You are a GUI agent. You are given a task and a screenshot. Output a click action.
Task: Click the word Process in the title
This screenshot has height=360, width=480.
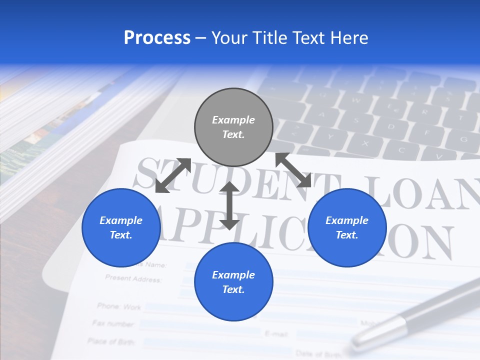[x=157, y=38]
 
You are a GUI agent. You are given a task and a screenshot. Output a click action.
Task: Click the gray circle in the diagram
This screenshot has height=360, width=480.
[x=233, y=127]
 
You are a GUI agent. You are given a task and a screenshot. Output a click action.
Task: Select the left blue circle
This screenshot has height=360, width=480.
[x=121, y=227]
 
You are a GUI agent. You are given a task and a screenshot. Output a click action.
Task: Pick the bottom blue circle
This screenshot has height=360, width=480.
[x=233, y=282]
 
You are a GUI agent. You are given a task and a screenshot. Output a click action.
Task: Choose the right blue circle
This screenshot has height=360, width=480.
[x=347, y=227]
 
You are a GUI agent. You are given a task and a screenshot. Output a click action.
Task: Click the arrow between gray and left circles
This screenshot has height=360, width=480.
[x=173, y=175]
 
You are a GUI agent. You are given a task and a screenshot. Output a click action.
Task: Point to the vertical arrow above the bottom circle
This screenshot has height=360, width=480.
[x=229, y=205]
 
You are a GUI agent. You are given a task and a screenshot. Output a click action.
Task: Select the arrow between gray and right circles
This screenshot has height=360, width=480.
[x=293, y=170]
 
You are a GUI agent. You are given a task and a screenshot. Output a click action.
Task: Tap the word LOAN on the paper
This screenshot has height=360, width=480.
[x=425, y=192]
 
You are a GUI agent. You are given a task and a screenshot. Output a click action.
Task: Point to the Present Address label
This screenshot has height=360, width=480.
[x=133, y=278]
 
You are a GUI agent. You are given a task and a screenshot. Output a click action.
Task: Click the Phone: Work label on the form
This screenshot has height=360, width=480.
[x=119, y=306]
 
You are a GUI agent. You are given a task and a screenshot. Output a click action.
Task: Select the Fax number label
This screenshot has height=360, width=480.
[x=113, y=323]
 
